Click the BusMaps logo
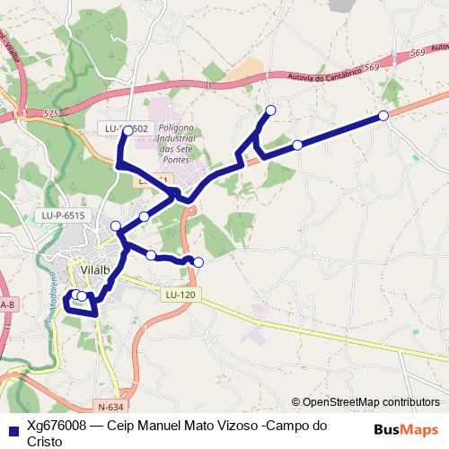coord(406,429)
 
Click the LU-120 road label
coord(180,295)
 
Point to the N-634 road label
coord(108,406)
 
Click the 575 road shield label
coord(50,114)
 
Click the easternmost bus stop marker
coord(383,115)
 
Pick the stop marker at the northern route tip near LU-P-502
coord(128,131)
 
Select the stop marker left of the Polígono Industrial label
coord(128,131)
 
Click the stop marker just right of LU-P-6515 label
coord(115,225)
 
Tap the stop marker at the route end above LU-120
coord(198,262)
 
